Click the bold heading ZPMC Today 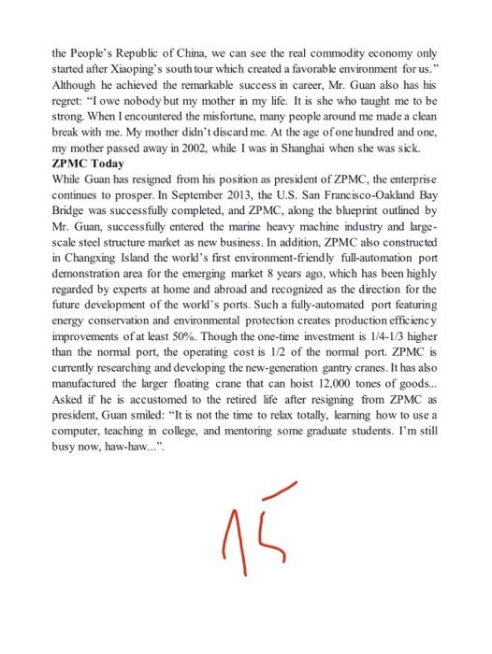pyautogui.click(x=88, y=161)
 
